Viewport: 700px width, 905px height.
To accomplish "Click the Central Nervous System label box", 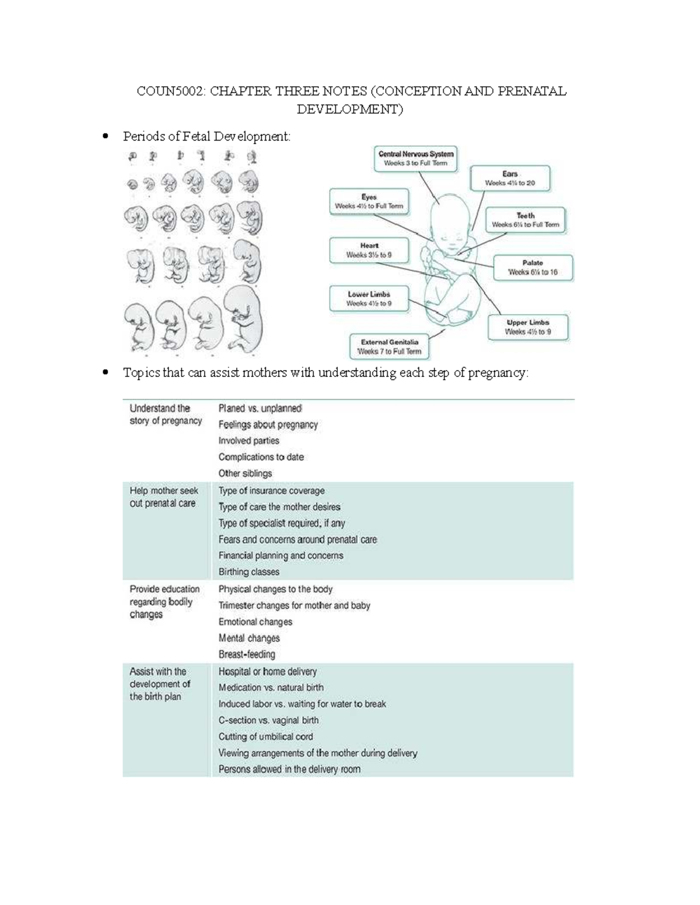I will coord(415,159).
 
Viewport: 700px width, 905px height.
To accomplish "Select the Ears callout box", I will coord(510,178).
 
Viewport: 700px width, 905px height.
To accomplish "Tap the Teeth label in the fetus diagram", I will coord(525,220).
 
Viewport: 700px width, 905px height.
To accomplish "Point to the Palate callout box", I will coord(533,267).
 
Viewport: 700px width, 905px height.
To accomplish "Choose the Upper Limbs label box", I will coord(528,327).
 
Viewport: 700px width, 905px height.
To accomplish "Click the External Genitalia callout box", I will coord(389,347).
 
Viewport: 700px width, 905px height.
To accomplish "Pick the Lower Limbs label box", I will coord(369,299).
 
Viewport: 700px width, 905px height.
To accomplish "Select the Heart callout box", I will coord(369,251).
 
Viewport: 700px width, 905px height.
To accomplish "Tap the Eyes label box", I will coord(369,202).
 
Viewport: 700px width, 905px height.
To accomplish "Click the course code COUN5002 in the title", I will coord(170,91).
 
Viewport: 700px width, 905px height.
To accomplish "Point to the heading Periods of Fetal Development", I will coord(206,136).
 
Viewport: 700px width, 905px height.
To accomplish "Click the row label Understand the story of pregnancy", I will coord(165,414).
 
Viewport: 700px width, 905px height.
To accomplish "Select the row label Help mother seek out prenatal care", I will coord(163,497).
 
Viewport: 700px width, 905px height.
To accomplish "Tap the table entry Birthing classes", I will coord(249,572).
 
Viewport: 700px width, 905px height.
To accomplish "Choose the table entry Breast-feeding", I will coord(247,654).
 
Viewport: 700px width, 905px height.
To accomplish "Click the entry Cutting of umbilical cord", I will coord(265,737).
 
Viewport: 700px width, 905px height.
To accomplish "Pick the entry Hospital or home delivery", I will coord(267,671).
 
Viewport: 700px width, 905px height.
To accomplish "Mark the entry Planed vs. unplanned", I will coord(260,409).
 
